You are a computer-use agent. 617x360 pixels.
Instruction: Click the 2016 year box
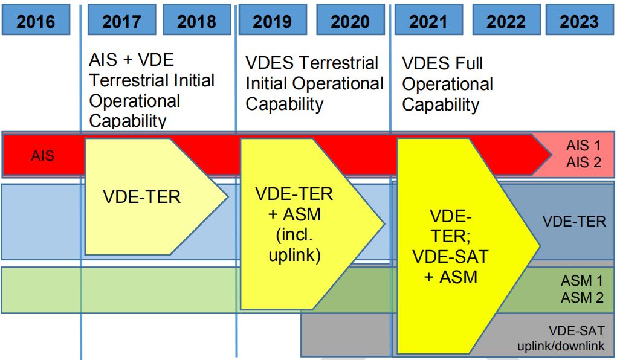click(36, 20)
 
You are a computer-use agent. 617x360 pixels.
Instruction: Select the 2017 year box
click(121, 20)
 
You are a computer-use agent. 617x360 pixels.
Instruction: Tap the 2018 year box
click(197, 20)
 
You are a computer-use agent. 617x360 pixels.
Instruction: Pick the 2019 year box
click(273, 20)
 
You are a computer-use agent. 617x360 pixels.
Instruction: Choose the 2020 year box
click(350, 20)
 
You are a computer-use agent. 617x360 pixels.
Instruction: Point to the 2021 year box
click(428, 20)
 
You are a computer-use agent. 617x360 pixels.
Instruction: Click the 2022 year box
click(506, 20)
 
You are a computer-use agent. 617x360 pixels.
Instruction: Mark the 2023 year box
click(580, 20)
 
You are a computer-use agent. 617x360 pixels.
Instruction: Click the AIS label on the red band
click(42, 156)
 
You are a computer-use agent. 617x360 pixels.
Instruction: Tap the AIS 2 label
click(584, 162)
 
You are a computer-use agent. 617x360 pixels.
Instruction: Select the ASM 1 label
click(582, 281)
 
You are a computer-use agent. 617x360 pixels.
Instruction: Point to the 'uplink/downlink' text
click(561, 346)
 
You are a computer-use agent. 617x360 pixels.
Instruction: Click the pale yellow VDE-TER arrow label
click(141, 197)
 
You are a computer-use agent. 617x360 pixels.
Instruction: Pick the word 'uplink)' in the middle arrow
click(294, 255)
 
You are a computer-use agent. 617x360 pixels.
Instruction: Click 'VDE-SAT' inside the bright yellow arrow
click(451, 257)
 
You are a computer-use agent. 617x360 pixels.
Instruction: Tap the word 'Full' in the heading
click(469, 63)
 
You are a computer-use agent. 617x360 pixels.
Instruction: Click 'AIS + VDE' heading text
click(131, 60)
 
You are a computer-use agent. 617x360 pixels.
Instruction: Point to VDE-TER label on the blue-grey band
click(574, 222)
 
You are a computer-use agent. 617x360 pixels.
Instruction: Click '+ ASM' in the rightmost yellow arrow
click(451, 277)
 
